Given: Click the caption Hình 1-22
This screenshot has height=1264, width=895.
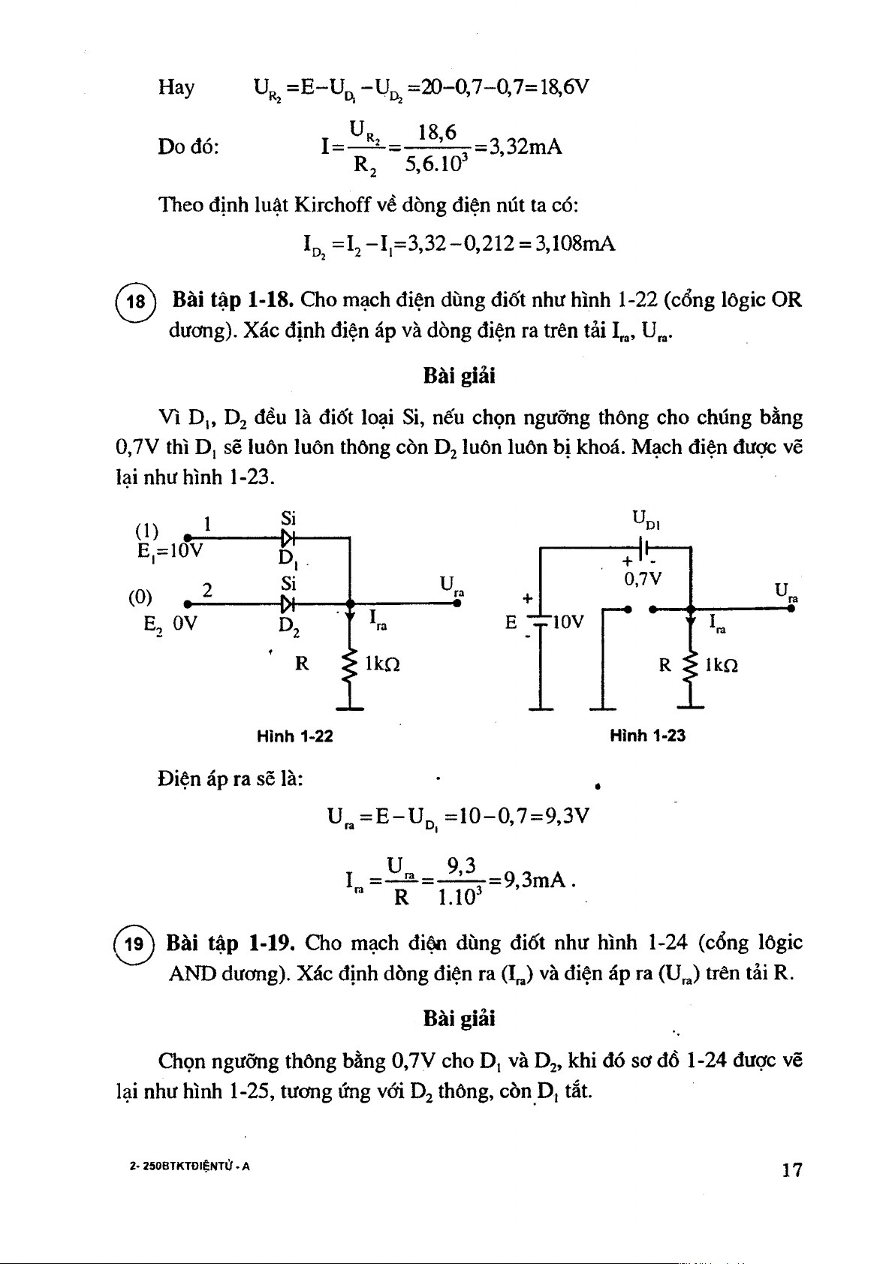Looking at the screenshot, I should (294, 736).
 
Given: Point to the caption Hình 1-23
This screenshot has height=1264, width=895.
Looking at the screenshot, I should (647, 736).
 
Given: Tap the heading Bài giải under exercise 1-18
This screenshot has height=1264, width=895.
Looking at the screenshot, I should (459, 376).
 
